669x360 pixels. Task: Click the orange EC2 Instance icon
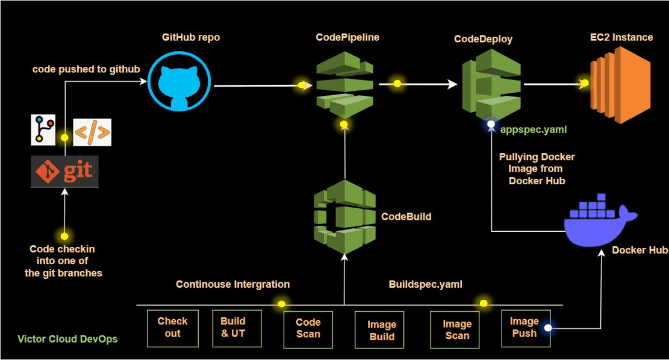coord(620,84)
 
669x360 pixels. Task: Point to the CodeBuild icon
coord(344,216)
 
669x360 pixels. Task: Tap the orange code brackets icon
coord(92,132)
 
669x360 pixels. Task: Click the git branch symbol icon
coord(43,129)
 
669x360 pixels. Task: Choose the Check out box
coord(173,328)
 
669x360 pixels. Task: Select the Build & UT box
coord(237,328)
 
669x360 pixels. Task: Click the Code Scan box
coord(308,329)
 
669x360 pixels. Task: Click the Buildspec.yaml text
coord(426,284)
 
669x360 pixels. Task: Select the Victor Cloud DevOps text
coord(67,339)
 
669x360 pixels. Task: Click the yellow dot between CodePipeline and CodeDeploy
coord(397,84)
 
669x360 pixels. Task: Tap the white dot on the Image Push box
coord(548,328)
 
